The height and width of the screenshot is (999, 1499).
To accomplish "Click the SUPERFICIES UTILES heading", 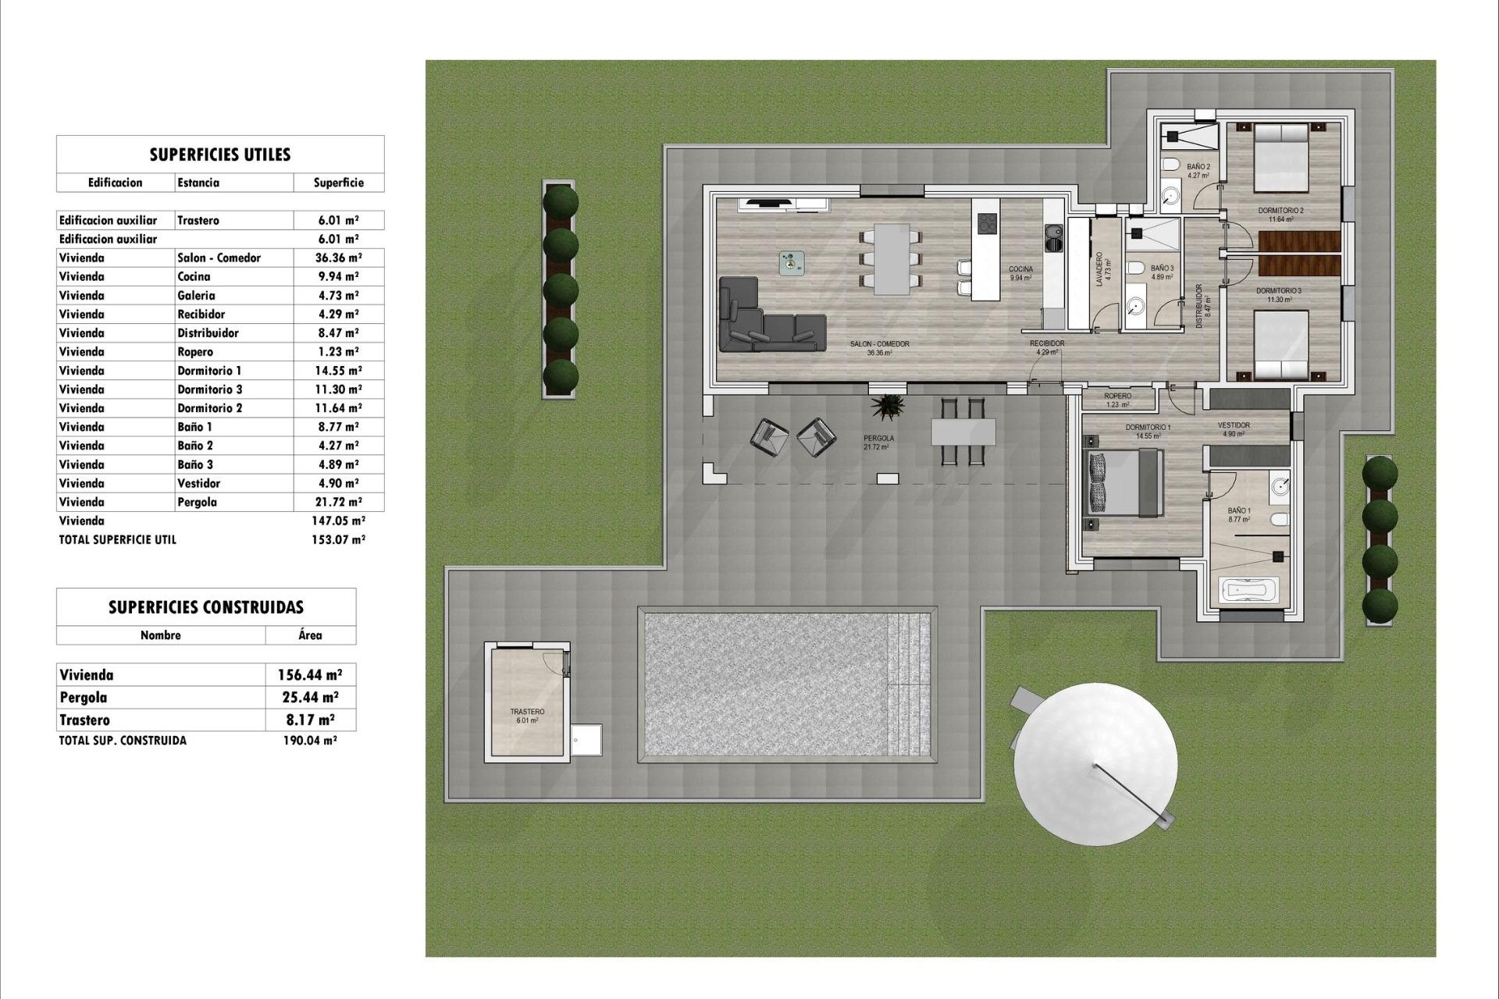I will pyautogui.click(x=219, y=155).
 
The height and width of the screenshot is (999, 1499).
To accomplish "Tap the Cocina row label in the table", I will pyautogui.click(x=194, y=276).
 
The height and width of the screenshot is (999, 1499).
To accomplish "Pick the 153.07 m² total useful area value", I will pyautogui.click(x=337, y=539).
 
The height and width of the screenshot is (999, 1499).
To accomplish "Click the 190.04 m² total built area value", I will pyautogui.click(x=309, y=741).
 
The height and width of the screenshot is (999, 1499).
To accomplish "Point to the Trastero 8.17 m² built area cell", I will pyautogui.click(x=310, y=720).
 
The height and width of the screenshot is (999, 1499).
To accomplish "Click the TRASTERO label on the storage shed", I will pyautogui.click(x=527, y=712).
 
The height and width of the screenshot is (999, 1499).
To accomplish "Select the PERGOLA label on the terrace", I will pyautogui.click(x=878, y=439).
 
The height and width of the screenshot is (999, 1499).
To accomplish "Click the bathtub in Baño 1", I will pyautogui.click(x=1250, y=589).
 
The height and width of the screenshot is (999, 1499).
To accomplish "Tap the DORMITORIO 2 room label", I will pyautogui.click(x=1280, y=211).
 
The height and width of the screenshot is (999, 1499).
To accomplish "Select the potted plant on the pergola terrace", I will pyautogui.click(x=888, y=406).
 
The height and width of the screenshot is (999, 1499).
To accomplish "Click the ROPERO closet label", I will pyautogui.click(x=1117, y=396).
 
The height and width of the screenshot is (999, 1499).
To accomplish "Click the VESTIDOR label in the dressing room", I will pyautogui.click(x=1234, y=425).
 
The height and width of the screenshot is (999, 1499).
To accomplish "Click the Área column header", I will pyautogui.click(x=310, y=635).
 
